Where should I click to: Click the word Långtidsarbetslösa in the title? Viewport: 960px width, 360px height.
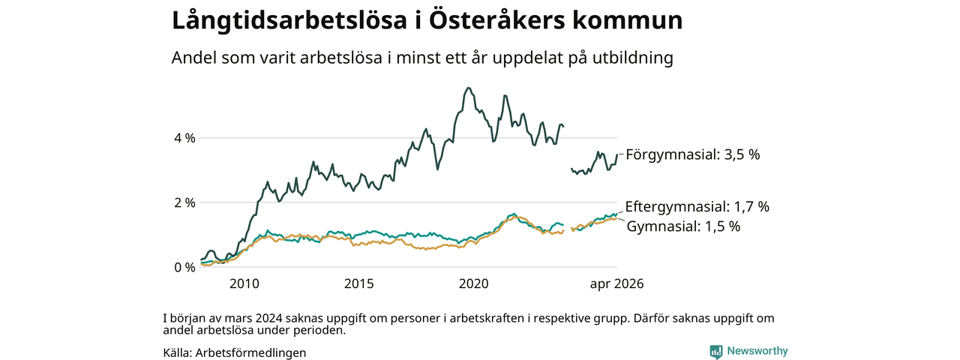tap(289, 21)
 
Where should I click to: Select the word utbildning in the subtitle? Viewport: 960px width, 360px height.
tap(632, 58)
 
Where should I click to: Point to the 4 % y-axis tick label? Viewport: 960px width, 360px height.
tap(184, 138)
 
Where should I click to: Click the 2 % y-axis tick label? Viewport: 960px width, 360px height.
tap(184, 202)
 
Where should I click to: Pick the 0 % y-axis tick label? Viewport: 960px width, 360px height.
tap(184, 268)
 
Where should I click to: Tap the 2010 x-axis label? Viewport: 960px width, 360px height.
tap(244, 283)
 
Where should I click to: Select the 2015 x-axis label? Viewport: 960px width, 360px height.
tap(359, 283)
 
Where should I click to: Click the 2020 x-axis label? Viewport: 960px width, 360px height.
tap(473, 283)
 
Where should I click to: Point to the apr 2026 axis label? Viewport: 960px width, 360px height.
tap(616, 283)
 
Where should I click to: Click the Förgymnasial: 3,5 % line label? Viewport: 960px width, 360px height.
tap(692, 154)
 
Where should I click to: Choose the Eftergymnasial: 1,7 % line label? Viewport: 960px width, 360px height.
tap(697, 206)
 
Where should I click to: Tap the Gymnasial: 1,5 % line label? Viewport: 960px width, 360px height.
tap(683, 226)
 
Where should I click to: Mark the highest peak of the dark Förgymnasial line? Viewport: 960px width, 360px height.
tap(469, 88)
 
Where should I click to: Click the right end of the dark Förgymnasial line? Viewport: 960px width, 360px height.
tap(617, 154)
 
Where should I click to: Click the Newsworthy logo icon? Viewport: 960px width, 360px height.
tap(715, 352)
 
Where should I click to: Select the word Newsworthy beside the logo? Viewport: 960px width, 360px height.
tap(757, 351)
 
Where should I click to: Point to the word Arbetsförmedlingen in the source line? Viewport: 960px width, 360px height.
tap(250, 352)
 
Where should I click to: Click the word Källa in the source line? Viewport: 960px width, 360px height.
tap(178, 352)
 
